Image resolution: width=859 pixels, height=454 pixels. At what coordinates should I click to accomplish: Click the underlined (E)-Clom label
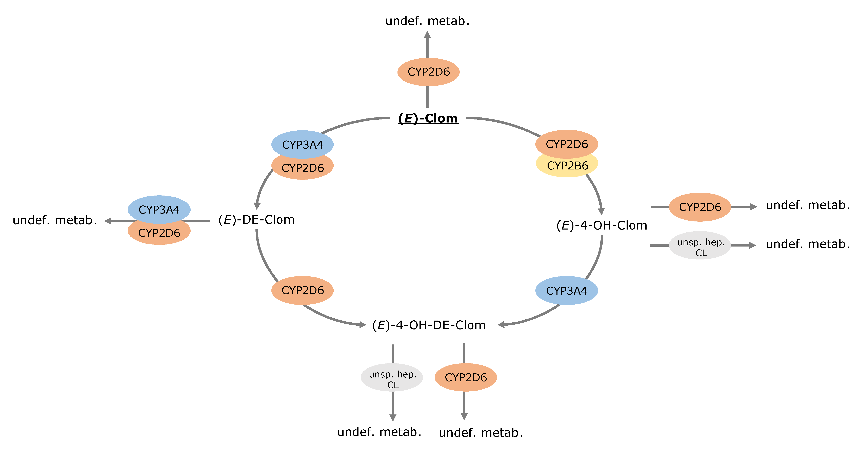(x=428, y=118)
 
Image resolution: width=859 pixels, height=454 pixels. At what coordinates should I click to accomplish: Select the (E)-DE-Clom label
(x=256, y=220)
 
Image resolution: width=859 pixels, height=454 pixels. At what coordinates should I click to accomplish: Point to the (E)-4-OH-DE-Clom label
(x=429, y=325)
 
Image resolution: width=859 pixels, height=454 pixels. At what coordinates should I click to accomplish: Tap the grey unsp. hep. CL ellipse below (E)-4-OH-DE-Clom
(x=392, y=378)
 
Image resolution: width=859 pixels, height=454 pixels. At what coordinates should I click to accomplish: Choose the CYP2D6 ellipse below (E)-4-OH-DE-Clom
(x=466, y=378)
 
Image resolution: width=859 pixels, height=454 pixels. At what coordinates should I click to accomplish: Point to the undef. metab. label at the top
(x=428, y=21)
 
